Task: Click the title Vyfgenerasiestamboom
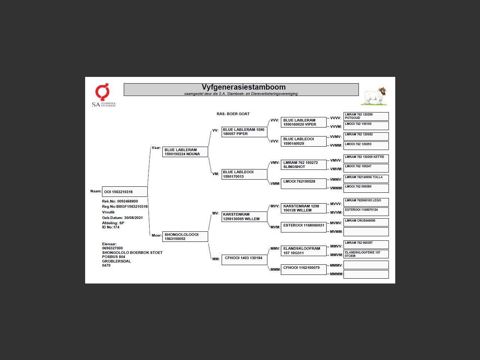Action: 243,87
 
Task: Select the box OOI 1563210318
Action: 124,192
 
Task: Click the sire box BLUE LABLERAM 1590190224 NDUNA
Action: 185,152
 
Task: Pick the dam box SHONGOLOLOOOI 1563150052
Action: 185,237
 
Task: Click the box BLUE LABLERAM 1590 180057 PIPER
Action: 244,132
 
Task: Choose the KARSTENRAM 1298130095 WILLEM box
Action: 244,217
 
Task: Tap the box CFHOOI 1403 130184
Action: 244,259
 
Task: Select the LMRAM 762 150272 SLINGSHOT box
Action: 303,165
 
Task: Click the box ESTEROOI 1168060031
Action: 303,227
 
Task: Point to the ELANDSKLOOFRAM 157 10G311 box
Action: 303,251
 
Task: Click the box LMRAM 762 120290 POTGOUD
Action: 366,116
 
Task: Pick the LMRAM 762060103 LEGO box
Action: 366,202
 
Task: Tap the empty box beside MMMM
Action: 366,274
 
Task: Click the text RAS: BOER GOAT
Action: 233,114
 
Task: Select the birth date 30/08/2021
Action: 133,218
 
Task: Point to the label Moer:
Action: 156,235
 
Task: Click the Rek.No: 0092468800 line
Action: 120,201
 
